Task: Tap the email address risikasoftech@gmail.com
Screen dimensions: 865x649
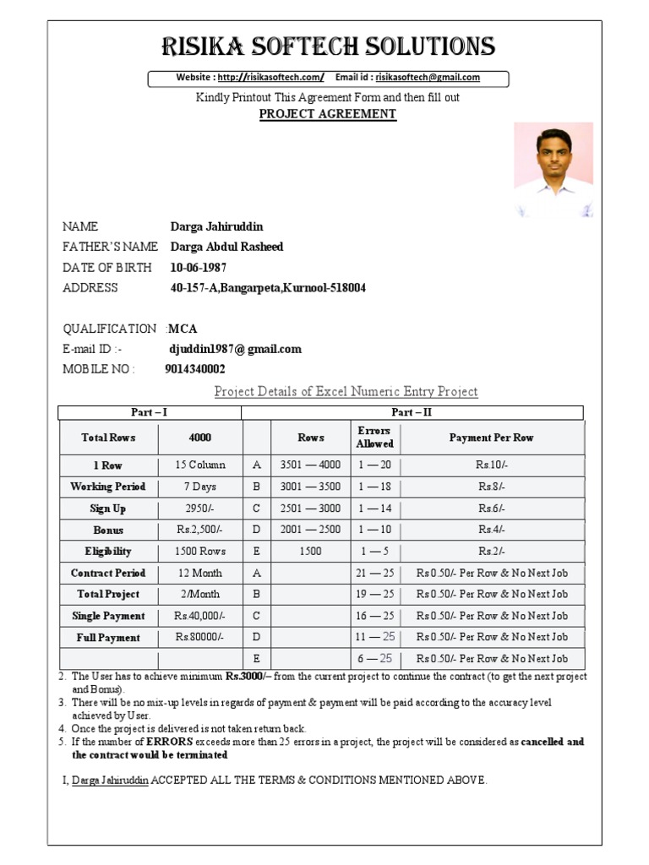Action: pos(428,78)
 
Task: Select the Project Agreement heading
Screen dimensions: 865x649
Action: pos(327,114)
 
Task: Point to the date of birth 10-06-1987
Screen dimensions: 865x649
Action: pos(199,268)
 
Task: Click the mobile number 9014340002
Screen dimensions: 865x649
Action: pos(195,369)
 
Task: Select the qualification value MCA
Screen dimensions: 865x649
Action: pos(183,329)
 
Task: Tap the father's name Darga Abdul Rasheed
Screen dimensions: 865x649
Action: pos(226,248)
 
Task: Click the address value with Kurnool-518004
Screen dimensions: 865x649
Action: pos(268,288)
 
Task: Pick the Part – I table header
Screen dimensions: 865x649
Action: pos(150,412)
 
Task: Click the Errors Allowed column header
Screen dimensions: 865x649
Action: pos(374,438)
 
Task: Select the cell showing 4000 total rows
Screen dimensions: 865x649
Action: pos(200,438)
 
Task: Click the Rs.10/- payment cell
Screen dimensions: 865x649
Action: pos(491,465)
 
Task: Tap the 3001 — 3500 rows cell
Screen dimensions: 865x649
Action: pos(310,487)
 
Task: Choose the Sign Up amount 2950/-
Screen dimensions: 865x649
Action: pos(200,509)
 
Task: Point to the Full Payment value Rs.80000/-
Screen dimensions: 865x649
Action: pos(200,638)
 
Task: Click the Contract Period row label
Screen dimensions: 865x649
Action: pos(108,574)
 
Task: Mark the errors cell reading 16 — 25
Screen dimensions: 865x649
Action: pos(374,616)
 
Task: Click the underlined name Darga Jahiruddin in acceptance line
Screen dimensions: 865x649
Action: pos(111,781)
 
